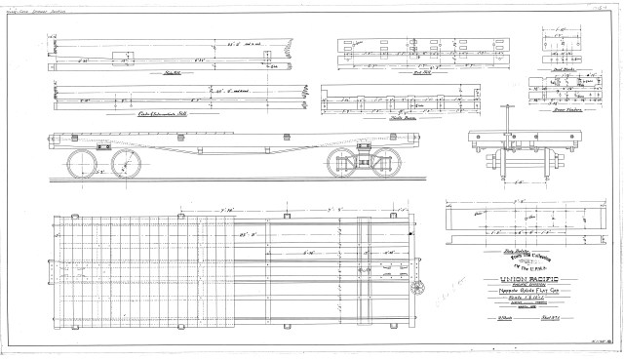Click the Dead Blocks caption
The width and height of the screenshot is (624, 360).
pos(563,69)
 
